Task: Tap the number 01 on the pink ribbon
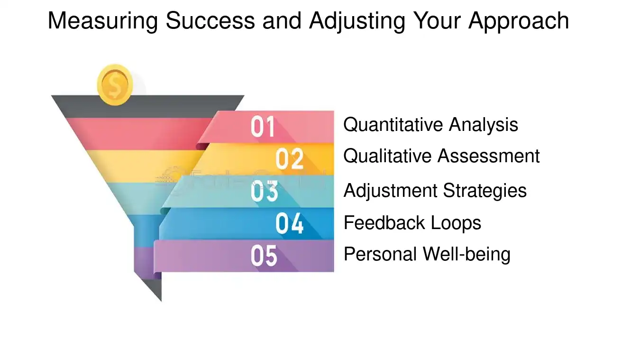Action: click(x=263, y=127)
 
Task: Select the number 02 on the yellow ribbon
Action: click(x=289, y=159)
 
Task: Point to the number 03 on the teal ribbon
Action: click(x=264, y=191)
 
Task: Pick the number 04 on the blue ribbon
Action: click(x=289, y=223)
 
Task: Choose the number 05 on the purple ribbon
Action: click(x=264, y=256)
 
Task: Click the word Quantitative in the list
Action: click(x=393, y=125)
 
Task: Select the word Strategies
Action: click(x=485, y=191)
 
